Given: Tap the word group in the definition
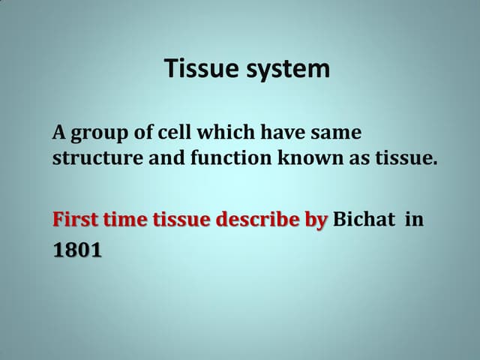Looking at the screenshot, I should pyautogui.click(x=99, y=134).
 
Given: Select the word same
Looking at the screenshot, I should pyautogui.click(x=336, y=133).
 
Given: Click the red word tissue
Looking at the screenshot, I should pyautogui.click(x=182, y=220).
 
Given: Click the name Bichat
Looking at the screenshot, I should pyautogui.click(x=363, y=220).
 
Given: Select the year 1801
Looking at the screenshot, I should pyautogui.click(x=77, y=250).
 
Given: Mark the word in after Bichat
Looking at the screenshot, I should pyautogui.click(x=415, y=220).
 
